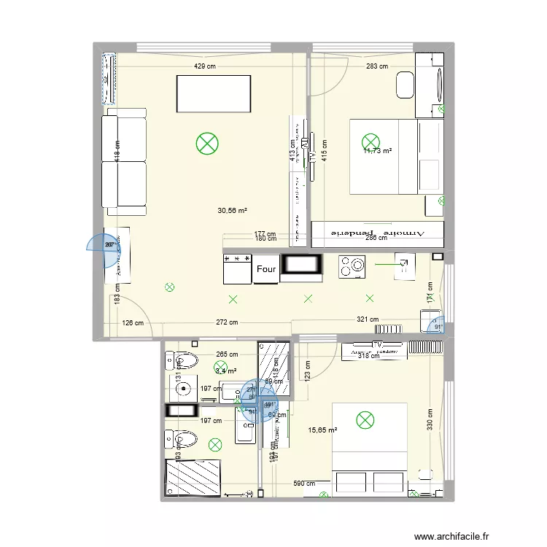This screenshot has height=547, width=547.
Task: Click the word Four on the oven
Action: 266,269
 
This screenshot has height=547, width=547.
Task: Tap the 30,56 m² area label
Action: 232,211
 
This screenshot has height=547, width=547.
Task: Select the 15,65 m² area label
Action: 322,430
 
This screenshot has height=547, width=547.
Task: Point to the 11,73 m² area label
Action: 378,151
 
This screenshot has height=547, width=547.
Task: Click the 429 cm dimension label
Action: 205,66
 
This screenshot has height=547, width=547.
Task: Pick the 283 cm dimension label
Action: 377,66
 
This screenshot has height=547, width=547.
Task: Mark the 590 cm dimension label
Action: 305,484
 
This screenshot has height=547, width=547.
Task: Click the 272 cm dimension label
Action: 227,322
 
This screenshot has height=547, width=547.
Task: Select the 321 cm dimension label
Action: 368,319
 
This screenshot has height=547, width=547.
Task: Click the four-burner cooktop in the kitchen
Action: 351,266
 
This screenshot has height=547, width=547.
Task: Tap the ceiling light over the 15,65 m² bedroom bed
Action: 364,419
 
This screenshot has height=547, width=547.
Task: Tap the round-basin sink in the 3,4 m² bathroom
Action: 182,389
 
